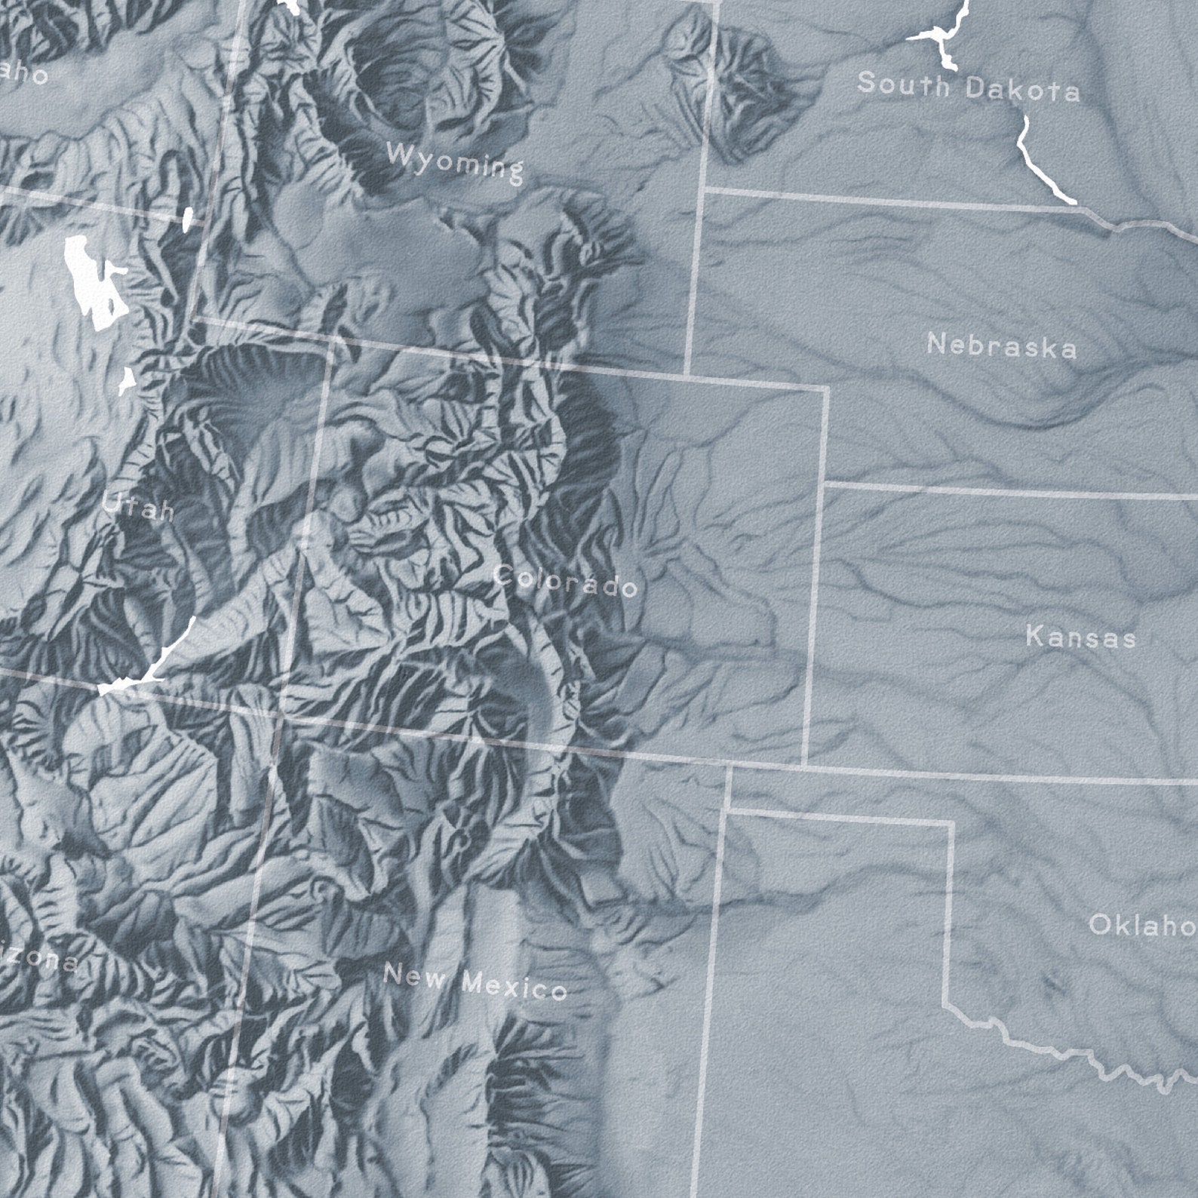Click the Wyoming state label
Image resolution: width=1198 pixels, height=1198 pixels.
pyautogui.click(x=454, y=161)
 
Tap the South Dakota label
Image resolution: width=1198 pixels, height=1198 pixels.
pyautogui.click(x=968, y=86)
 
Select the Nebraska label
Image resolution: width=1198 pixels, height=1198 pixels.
pyautogui.click(x=1001, y=346)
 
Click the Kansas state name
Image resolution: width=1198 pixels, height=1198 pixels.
pyautogui.click(x=1080, y=637)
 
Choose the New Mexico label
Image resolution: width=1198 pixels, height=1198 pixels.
pyautogui.click(x=475, y=981)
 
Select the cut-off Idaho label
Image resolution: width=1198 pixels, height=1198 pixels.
pyautogui.click(x=23, y=74)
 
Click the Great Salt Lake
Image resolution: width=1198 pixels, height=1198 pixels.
pyautogui.click(x=94, y=283)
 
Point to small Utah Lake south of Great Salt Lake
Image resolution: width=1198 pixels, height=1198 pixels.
pyautogui.click(x=127, y=381)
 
